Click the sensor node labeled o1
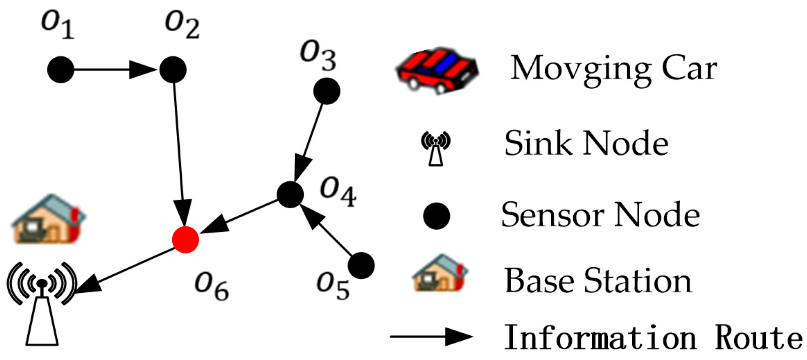coord(61,70)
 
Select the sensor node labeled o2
coord(173,70)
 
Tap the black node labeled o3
coord(326,91)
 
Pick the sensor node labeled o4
coord(290,194)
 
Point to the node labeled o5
coord(361,266)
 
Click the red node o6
coord(185,240)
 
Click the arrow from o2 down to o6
coord(179,153)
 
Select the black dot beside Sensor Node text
coord(436,216)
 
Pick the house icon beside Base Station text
coord(440,273)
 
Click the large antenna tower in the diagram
coord(42,305)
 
